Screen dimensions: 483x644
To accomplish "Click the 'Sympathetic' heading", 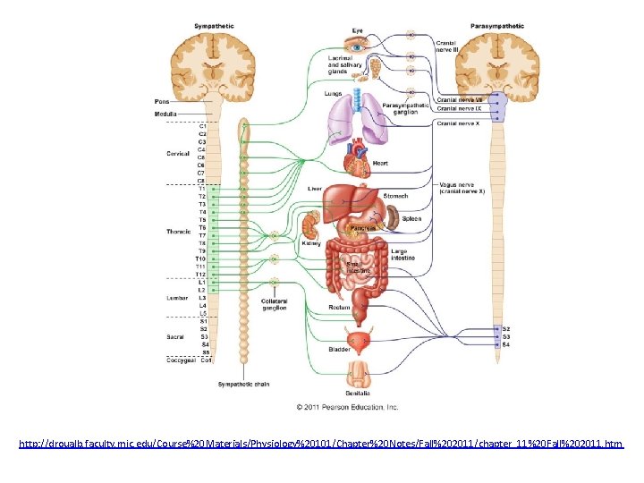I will (x=216, y=26).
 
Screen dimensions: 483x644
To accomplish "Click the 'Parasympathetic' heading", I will (x=497, y=26).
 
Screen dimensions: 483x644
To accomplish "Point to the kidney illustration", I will (x=311, y=225).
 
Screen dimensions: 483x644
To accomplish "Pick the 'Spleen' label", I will (x=411, y=218).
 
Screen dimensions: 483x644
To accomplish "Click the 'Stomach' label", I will (x=395, y=196).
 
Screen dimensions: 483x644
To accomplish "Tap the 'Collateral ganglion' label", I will (x=275, y=305).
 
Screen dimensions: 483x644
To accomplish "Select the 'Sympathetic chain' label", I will (x=243, y=384).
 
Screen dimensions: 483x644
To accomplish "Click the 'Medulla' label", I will (x=165, y=114).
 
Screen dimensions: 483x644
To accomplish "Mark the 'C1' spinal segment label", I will (x=202, y=126).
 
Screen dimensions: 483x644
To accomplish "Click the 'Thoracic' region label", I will (x=178, y=231).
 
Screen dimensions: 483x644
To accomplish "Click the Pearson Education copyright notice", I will (x=348, y=407).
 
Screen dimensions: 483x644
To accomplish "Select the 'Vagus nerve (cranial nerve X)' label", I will (x=462, y=189).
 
